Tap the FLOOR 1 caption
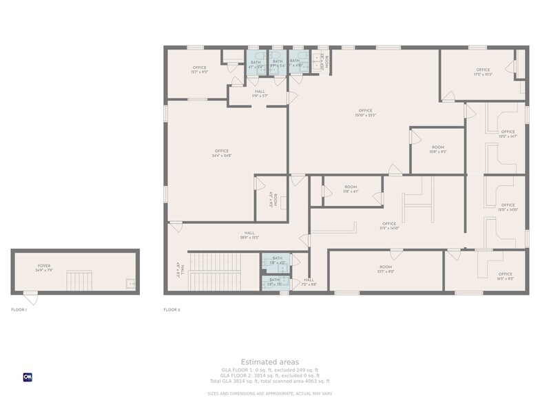click(19, 310)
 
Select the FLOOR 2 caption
click(172, 310)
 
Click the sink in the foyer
click(130, 282)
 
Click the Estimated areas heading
click(269, 362)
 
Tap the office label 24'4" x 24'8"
click(222, 153)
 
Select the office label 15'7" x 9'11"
click(199, 70)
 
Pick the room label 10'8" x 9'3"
click(438, 149)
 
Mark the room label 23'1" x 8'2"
click(385, 269)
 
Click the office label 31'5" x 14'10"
click(389, 225)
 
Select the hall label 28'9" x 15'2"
click(249, 235)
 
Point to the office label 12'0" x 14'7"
click(508, 134)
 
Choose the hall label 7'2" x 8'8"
click(309, 282)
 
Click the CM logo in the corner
click(28, 377)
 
